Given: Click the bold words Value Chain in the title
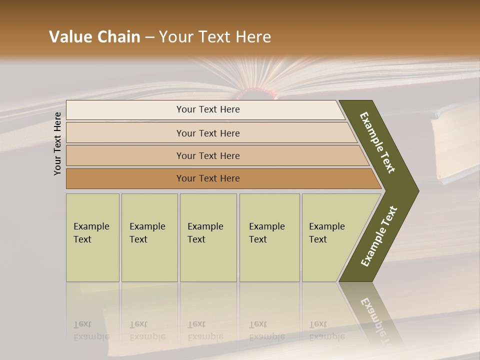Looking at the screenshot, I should [94, 37].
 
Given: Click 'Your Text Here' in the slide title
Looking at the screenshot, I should [215, 37].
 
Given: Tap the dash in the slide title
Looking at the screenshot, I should [149, 37].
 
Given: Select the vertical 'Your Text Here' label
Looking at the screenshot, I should [57, 143].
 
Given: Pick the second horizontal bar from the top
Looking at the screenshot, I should [208, 133].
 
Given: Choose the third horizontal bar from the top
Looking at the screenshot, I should [208, 155].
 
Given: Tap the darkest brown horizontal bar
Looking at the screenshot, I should [208, 178].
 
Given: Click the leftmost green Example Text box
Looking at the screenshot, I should [92, 237].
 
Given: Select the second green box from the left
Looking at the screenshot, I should [149, 237].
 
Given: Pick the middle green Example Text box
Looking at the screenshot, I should [208, 237].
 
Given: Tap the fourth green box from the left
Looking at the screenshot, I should [269, 237].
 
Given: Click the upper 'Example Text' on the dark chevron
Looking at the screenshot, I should [377, 142].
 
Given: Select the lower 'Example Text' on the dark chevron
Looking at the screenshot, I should [378, 236].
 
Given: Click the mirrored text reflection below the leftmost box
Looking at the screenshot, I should [91, 330].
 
